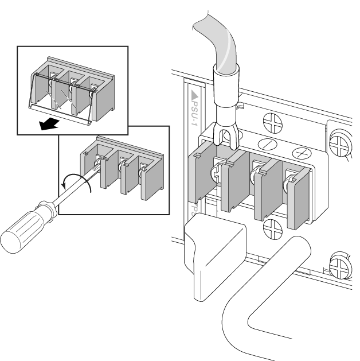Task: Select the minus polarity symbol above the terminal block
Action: click(268, 143)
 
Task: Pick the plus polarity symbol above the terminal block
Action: click(300, 153)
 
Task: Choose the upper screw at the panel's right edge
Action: click(341, 142)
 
